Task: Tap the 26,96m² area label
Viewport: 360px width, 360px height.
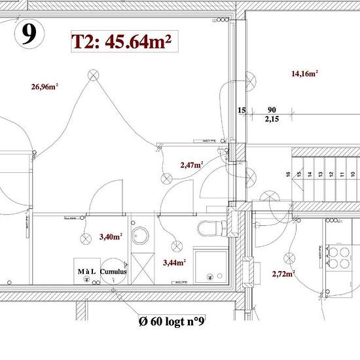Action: click(x=45, y=86)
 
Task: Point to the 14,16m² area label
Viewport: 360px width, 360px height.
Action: click(x=304, y=74)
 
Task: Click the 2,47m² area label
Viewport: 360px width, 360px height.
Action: click(x=191, y=165)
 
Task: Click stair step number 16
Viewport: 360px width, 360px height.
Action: click(x=287, y=175)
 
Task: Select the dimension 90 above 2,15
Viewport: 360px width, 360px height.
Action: click(x=271, y=111)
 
